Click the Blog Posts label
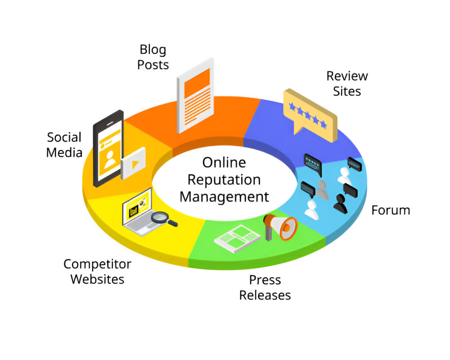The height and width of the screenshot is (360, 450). [153, 57]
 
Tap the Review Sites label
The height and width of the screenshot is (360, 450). [347, 83]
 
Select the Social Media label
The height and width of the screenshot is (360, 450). [64, 145]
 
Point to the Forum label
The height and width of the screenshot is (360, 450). [390, 210]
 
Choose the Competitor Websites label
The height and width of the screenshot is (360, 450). [97, 271]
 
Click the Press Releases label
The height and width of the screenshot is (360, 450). [265, 287]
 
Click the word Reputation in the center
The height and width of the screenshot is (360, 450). [224, 179]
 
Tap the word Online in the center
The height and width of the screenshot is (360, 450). [224, 163]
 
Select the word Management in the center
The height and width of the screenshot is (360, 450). [224, 196]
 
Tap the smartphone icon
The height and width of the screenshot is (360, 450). [108, 148]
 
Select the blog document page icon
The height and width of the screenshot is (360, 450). [195, 95]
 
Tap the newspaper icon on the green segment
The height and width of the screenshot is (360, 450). [237, 239]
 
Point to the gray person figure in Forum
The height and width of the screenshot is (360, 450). [322, 190]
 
